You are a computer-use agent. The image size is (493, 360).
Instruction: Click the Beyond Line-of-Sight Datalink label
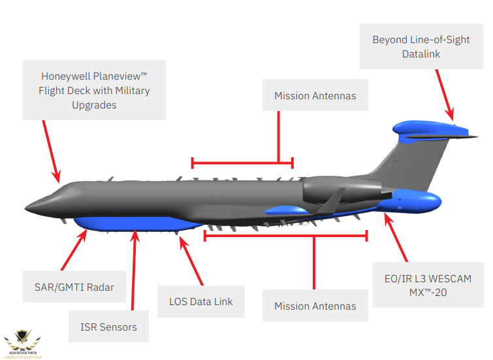[x=421, y=47]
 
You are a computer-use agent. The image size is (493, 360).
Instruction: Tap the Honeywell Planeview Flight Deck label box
[x=94, y=90]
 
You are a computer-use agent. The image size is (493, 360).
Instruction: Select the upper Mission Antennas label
[x=315, y=96]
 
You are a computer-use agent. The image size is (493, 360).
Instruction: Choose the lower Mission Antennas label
[x=315, y=306]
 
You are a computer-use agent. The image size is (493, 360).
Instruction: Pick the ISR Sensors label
[x=109, y=326]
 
